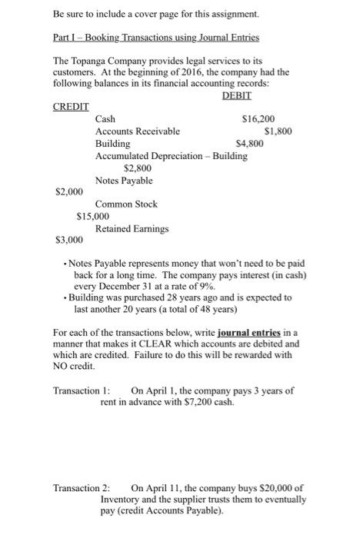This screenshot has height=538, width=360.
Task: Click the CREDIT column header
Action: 71,107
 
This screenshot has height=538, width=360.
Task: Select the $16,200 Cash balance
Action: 258,119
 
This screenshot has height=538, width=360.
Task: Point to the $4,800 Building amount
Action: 250,144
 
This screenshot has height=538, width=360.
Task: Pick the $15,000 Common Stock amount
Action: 93,216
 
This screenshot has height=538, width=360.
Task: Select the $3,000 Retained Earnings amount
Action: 68,241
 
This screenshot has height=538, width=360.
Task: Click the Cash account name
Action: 105,119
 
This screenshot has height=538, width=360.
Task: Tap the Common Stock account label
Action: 126,204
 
